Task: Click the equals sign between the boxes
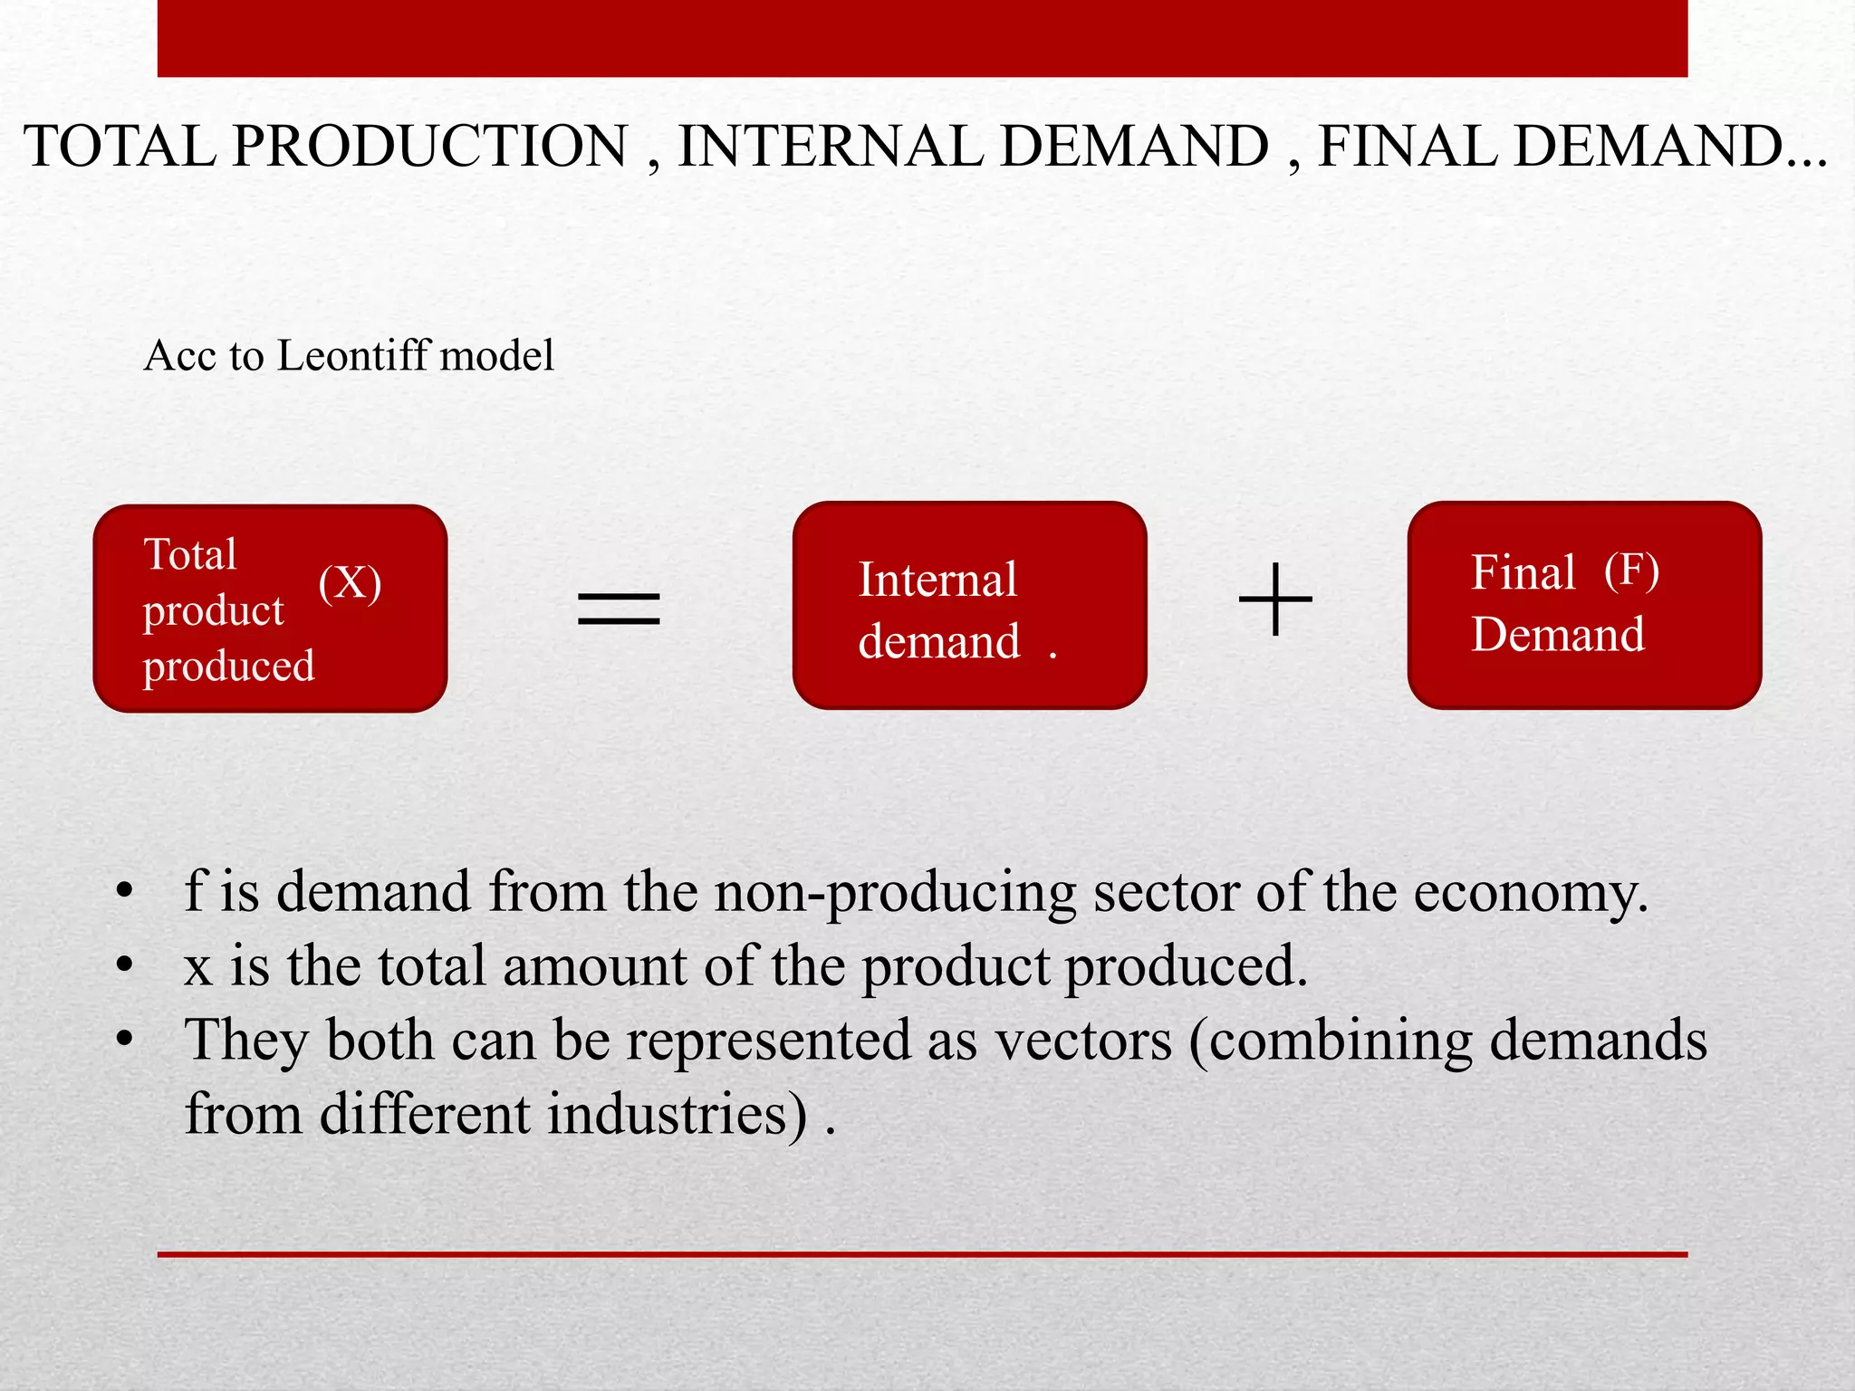coord(619,608)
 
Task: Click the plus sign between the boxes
coord(1275,600)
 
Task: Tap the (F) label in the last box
coord(1631,571)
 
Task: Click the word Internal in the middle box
coord(937,580)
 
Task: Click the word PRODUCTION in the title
coord(430,146)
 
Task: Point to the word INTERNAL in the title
coord(830,146)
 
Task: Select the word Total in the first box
coord(190,554)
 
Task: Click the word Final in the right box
coord(1523,572)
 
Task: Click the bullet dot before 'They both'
coord(124,1039)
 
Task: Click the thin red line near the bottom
coord(922,1254)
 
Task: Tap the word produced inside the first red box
coord(229,667)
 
